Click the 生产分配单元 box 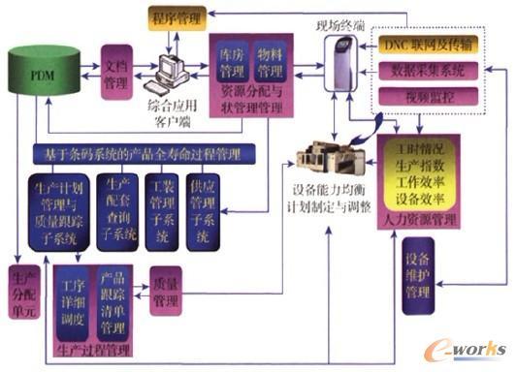26,292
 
